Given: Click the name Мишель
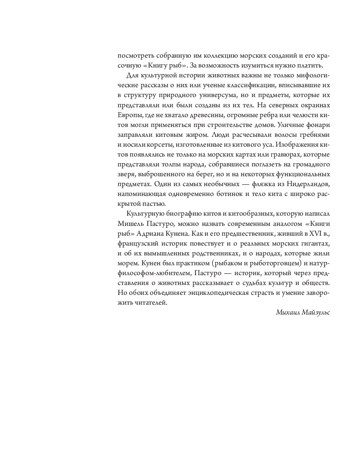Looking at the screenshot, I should coord(129,224).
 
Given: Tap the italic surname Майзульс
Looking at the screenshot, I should coord(316,312).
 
